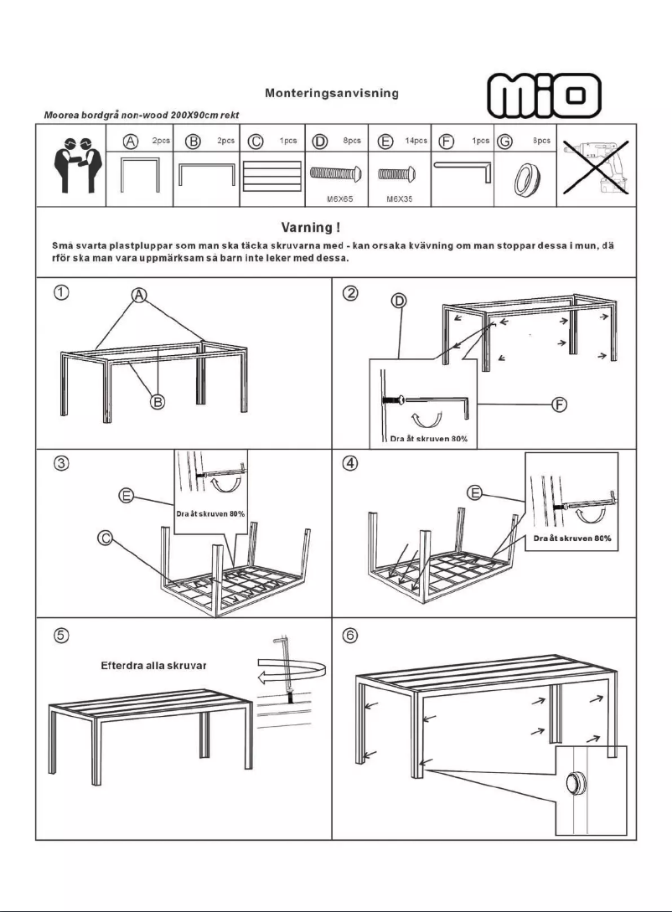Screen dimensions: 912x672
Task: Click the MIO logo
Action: click(545, 95)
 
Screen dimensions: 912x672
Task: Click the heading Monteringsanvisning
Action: click(331, 93)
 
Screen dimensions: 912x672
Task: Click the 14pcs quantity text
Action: click(416, 142)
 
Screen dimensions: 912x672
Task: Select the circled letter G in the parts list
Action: click(504, 142)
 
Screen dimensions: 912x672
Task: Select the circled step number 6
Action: click(352, 636)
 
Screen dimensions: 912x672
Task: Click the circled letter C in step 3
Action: click(106, 538)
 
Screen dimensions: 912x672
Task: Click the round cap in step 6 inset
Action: click(575, 785)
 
